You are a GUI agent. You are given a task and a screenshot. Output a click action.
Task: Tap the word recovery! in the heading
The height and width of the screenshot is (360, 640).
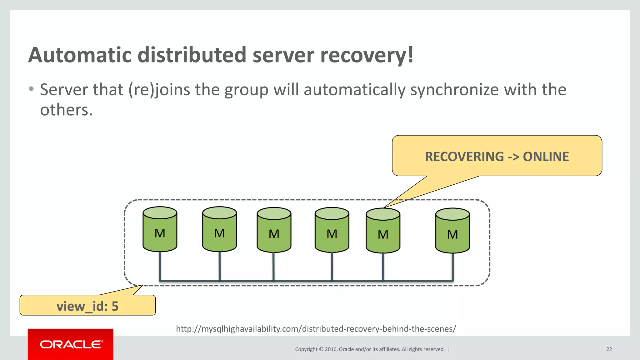point(367,55)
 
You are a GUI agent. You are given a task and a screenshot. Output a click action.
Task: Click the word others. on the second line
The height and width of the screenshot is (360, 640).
point(66,110)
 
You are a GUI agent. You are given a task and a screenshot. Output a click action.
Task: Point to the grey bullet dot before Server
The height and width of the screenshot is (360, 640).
point(31,89)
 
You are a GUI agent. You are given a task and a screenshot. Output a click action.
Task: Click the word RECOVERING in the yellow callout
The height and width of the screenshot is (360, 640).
point(464,157)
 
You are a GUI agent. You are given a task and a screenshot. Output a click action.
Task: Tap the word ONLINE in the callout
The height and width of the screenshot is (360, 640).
point(546,157)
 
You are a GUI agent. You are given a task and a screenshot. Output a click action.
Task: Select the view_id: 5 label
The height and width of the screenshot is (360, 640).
point(87,306)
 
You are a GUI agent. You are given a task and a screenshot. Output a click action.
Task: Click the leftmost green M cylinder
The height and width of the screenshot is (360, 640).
point(160,230)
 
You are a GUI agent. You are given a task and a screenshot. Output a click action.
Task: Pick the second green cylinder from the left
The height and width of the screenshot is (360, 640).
point(219,230)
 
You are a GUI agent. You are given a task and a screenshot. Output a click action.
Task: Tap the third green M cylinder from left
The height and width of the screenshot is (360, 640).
point(274,230)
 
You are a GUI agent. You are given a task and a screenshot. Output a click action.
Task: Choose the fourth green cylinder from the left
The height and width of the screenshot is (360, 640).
point(332,230)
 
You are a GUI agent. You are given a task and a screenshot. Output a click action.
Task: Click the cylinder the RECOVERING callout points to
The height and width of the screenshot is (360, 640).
point(383,231)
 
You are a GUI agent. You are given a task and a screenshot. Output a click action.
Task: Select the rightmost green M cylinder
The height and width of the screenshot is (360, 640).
point(452,231)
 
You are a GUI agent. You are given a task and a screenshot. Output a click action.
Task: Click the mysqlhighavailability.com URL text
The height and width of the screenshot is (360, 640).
point(316,329)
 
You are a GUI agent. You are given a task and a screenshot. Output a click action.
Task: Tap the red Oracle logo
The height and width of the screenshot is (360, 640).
point(71,344)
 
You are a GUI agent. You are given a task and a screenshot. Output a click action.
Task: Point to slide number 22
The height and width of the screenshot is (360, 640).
point(609,349)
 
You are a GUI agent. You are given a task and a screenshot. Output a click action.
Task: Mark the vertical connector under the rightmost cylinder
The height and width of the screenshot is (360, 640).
point(452,267)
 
